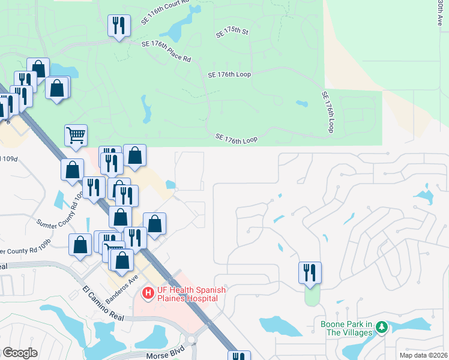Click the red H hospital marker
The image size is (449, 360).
(147, 294)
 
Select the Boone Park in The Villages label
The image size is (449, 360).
(344, 328)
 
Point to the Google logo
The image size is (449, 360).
(20, 353)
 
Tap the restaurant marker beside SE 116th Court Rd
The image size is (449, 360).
(118, 26)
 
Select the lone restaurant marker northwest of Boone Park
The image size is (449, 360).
(310, 272)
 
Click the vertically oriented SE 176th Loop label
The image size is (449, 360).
(327, 112)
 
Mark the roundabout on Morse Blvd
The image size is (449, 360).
(191, 340)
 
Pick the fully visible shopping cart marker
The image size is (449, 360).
(76, 136)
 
